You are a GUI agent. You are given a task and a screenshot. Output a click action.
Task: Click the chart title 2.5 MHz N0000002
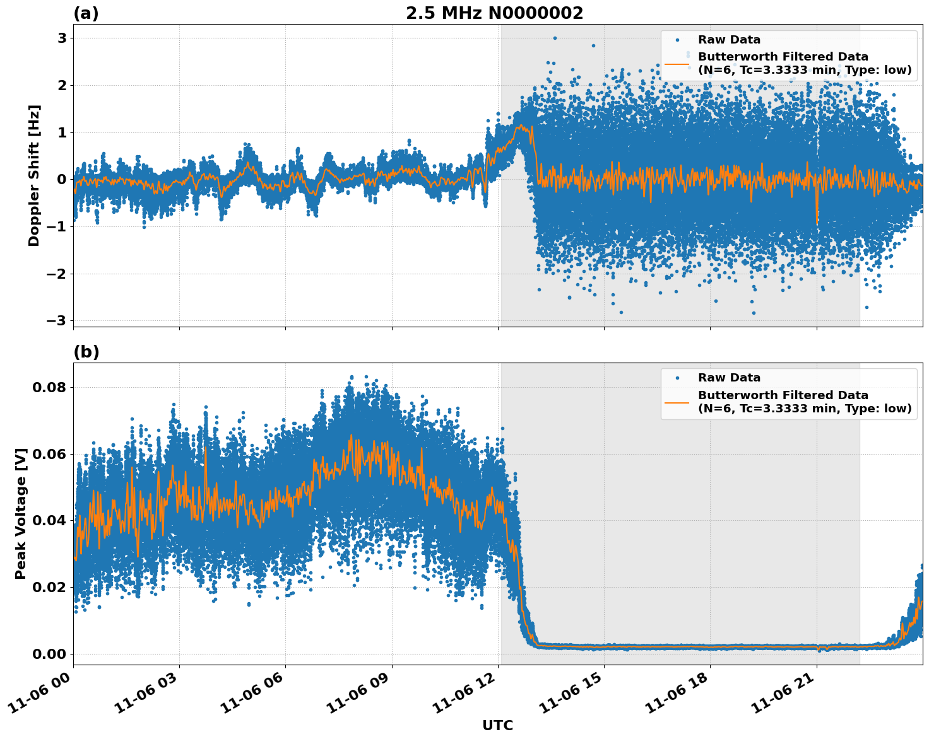pos(494,13)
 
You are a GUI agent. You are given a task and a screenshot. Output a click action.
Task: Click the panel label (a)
pos(86,13)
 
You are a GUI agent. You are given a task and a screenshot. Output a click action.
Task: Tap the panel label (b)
pos(86,352)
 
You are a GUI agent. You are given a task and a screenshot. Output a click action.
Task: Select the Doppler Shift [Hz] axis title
pos(34,175)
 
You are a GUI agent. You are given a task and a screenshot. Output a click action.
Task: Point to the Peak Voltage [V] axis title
pos(21,514)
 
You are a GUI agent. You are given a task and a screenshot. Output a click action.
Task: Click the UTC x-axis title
pos(497,725)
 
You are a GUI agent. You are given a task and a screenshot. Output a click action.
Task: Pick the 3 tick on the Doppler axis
pos(62,38)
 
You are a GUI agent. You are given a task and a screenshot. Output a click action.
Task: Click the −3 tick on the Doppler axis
pos(56,321)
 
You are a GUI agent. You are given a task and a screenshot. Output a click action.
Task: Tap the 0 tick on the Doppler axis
pos(62,180)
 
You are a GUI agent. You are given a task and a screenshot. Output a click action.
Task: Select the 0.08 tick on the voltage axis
pos(49,387)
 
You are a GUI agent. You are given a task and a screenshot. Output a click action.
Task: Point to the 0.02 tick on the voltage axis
pos(49,587)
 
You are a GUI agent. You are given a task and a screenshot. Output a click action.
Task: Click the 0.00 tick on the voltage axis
pos(49,654)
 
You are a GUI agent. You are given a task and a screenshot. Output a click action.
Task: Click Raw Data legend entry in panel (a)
pos(729,40)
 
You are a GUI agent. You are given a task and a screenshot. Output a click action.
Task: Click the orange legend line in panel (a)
pos(677,63)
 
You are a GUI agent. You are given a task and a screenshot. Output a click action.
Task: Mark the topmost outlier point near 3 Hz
pos(555,38)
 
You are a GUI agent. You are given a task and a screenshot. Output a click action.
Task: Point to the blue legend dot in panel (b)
pos(677,378)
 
